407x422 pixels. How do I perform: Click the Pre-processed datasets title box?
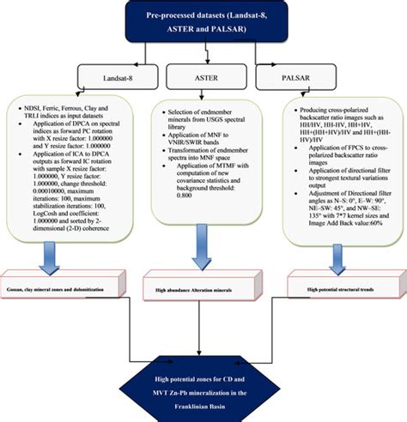[204, 23]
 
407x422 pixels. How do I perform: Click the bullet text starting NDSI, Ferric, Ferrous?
[69, 114]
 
